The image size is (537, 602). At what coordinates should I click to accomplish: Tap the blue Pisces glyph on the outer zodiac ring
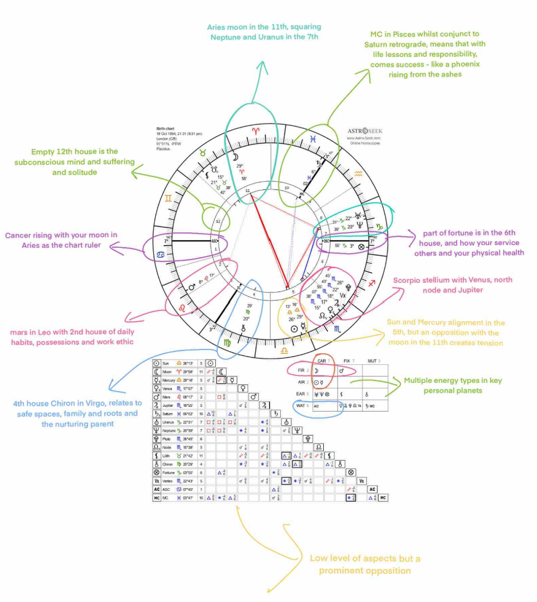click(314, 139)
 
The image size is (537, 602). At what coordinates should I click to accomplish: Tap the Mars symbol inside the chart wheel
click(192, 287)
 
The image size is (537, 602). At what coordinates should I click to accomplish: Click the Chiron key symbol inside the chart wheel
click(245, 328)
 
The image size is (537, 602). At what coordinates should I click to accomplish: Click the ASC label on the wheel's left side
click(215, 240)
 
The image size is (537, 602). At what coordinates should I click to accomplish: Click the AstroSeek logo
click(365, 131)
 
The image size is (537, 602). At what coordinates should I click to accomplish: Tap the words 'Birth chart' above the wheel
click(165, 129)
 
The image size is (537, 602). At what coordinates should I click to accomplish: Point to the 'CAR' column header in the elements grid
click(322, 361)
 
